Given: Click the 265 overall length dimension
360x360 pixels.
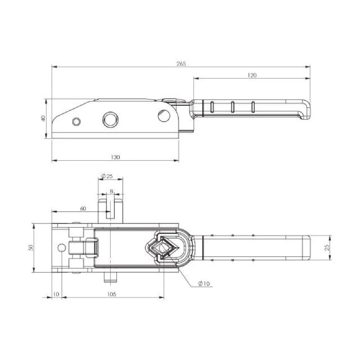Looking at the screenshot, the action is click(x=181, y=64).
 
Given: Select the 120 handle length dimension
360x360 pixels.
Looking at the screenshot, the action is click(x=252, y=75).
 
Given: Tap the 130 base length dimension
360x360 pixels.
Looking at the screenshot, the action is click(x=115, y=157).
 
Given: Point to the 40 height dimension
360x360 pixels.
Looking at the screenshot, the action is click(x=43, y=118).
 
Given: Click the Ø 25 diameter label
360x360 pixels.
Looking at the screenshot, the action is click(x=107, y=176).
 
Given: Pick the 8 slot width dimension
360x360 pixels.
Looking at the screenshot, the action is click(x=112, y=191).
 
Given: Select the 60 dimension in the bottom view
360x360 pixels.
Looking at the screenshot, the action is click(x=83, y=208).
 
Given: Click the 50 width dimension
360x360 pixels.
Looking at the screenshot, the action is click(x=31, y=247).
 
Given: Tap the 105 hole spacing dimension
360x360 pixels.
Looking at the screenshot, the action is click(x=112, y=294).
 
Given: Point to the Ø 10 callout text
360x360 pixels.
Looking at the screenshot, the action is click(x=204, y=283).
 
